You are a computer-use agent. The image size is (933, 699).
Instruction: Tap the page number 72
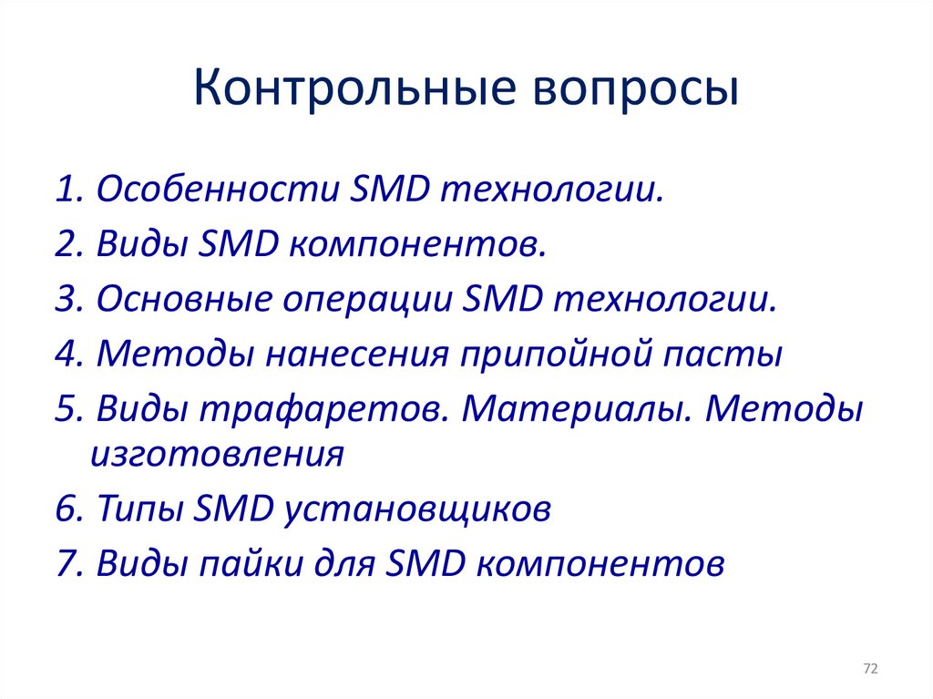(870, 670)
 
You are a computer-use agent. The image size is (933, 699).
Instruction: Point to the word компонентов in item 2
(416, 245)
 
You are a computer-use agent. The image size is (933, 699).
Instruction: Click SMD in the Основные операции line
(502, 300)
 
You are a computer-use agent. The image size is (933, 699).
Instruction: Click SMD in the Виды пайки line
(425, 562)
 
